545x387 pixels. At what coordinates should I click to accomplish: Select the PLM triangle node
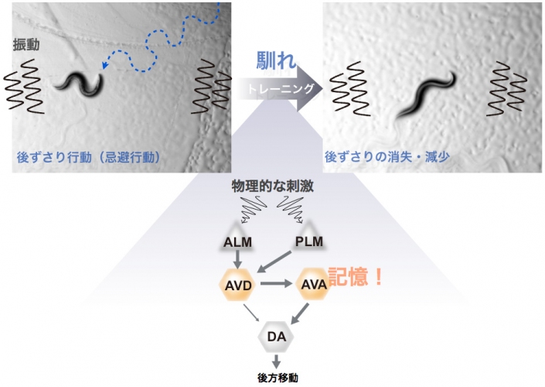[x=308, y=242]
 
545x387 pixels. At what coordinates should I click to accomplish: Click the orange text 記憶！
[x=356, y=277]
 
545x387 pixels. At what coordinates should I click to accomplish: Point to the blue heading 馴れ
[x=276, y=63]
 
